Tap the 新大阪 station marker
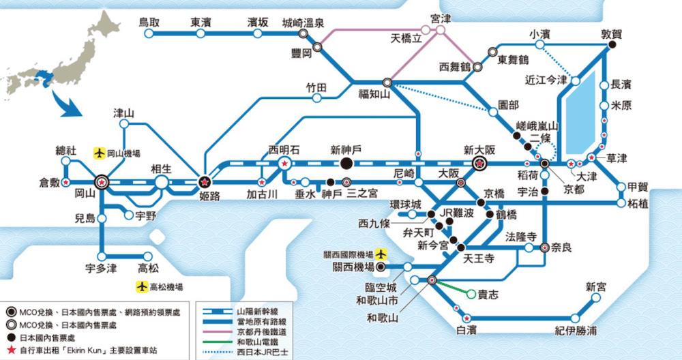[479, 164]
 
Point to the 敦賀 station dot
[612, 45]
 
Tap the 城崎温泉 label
[302, 22]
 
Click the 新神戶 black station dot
[347, 164]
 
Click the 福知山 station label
[374, 95]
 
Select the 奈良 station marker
[545, 248]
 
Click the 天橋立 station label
[406, 37]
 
